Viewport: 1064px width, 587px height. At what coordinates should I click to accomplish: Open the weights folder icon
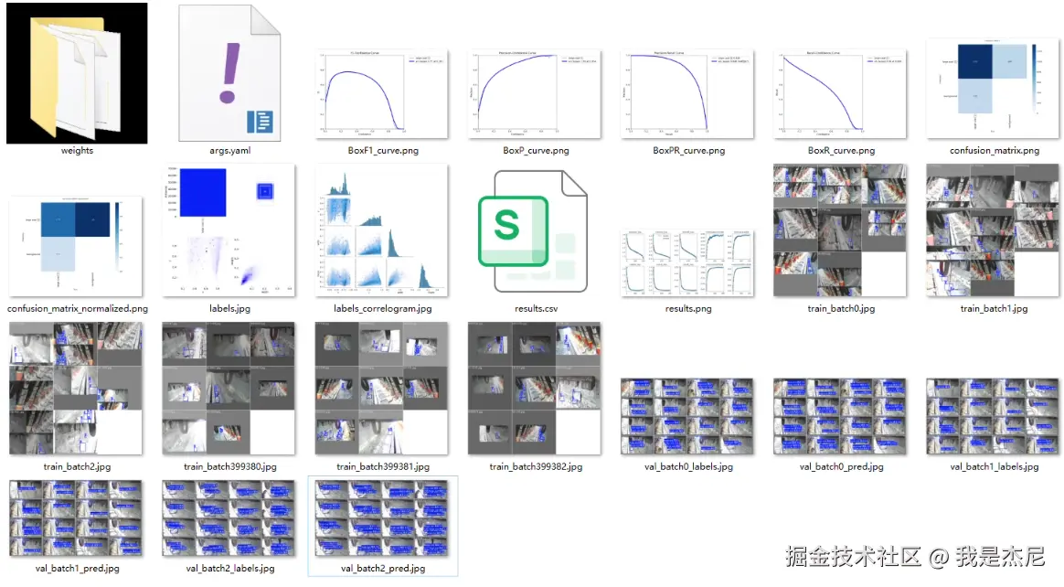77,73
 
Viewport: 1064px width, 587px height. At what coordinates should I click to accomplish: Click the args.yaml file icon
229,73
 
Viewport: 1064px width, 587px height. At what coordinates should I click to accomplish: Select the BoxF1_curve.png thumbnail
381,93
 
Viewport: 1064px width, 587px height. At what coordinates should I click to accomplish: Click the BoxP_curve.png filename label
536,151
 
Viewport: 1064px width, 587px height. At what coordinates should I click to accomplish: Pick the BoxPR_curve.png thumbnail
688,93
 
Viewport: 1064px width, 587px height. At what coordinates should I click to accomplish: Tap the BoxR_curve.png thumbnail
841,93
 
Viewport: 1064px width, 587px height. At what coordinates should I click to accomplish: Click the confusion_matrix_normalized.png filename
77,309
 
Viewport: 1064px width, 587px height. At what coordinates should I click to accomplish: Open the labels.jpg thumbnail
229,230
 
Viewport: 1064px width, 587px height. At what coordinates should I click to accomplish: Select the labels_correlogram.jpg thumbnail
381,230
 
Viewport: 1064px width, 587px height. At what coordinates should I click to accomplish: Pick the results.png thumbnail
688,262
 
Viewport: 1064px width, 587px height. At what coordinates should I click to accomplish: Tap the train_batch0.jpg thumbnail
841,230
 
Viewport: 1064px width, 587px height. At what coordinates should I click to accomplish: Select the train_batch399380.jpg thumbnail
229,388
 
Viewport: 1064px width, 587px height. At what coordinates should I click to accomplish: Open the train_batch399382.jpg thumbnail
536,388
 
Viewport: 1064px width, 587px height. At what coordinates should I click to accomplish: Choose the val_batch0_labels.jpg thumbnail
688,416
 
